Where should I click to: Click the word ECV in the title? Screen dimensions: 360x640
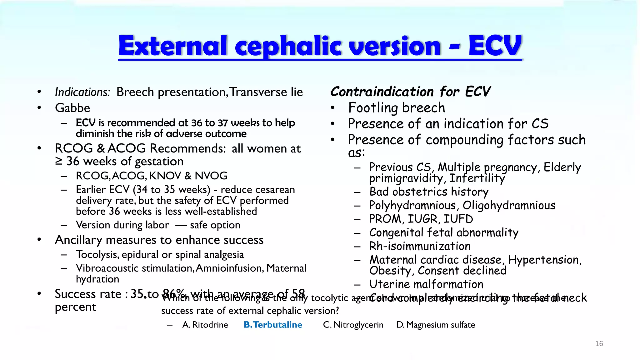click(x=495, y=46)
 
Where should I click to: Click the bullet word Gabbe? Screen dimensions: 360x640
click(x=72, y=108)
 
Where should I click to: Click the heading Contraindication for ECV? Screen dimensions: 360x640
click(x=410, y=92)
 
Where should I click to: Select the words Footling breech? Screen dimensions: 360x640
click(x=397, y=108)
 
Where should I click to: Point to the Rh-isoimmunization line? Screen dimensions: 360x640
click(x=420, y=246)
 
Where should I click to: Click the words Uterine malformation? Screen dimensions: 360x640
click(x=426, y=284)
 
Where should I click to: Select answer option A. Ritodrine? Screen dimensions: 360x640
click(x=205, y=325)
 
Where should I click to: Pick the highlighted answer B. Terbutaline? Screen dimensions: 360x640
click(x=273, y=325)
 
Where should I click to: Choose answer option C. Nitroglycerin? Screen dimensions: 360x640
click(x=353, y=325)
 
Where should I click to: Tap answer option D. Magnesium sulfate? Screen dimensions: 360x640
click(x=436, y=325)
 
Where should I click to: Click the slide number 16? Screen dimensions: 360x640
click(x=599, y=344)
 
